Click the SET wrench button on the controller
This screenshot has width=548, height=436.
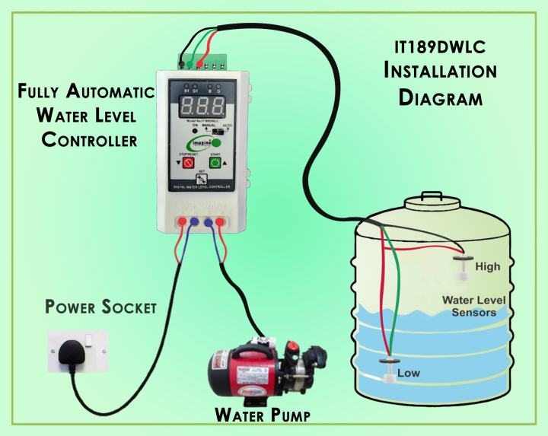[x=202, y=178]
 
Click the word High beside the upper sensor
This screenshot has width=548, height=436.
[x=487, y=267]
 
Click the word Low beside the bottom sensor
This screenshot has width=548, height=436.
[x=408, y=374]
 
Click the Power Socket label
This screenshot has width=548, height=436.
[x=100, y=307]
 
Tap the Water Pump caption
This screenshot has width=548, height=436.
[x=263, y=415]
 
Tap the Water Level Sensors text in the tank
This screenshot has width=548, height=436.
[x=473, y=306]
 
